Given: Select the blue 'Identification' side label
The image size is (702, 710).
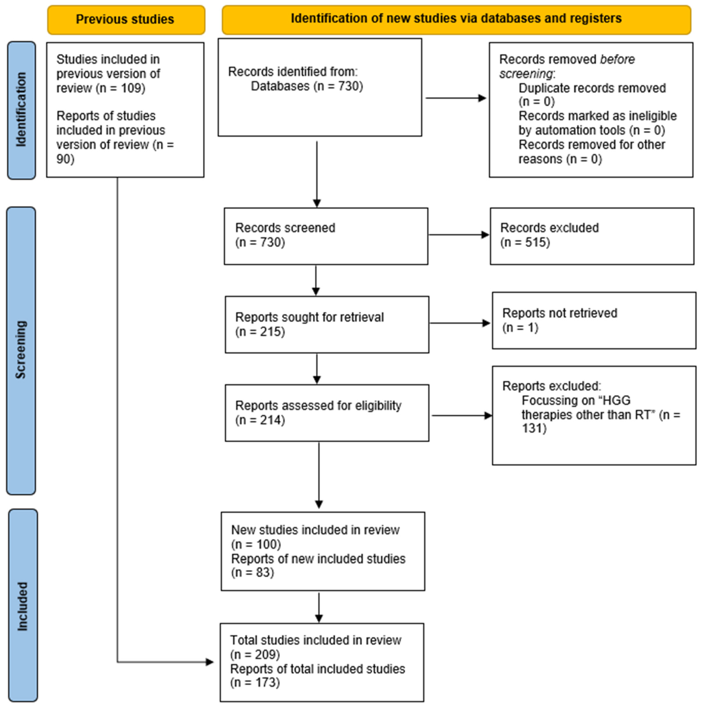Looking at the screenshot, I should point(21,110).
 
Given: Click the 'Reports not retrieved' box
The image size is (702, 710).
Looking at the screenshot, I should point(594,320).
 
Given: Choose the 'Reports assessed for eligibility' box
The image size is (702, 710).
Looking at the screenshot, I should point(327,413).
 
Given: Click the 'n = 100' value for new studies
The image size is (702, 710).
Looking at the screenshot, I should point(256,544).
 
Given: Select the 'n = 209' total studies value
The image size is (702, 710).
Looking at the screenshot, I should point(255,655).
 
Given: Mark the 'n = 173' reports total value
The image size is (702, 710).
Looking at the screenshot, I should point(255,683).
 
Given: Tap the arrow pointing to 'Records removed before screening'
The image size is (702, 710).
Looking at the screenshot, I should point(456,98).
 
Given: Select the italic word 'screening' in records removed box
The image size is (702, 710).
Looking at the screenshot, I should point(525,74).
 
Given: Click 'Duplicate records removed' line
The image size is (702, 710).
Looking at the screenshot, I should point(592,88).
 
